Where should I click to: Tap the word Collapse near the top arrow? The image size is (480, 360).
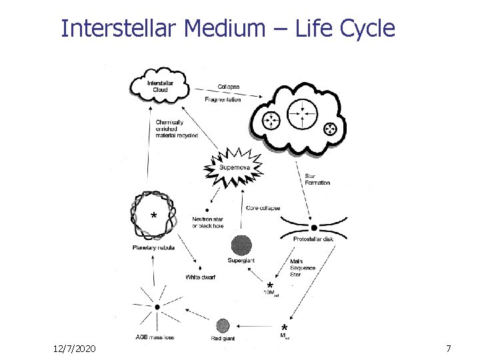228,87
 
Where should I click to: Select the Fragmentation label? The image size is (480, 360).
223,99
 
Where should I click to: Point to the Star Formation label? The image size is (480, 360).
317,179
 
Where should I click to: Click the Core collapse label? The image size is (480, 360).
263,208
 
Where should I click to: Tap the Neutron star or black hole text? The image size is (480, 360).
208,222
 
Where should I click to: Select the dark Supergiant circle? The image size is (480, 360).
241,245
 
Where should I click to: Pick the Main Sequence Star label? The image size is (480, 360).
303,267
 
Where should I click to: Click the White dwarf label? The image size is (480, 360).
200,277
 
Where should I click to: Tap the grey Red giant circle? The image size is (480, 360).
223,326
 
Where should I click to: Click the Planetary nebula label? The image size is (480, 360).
153,247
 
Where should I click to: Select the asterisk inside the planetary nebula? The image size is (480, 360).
155,217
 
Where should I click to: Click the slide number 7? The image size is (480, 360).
448,349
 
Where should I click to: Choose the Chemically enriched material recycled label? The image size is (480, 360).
177,129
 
